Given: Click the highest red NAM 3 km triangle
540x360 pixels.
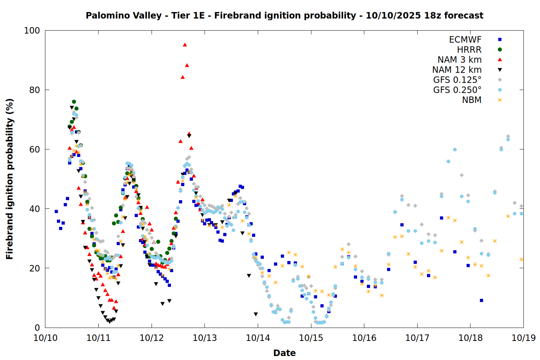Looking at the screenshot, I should tap(185, 45).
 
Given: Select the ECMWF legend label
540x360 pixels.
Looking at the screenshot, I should tap(465, 40).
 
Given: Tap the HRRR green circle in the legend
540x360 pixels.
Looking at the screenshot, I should tap(500, 50).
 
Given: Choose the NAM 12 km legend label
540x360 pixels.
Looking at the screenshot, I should tap(457, 70).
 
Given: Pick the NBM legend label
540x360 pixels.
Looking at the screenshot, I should tap(472, 100).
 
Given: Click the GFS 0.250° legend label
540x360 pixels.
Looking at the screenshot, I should tap(457, 90).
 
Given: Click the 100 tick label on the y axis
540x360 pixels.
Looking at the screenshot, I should tap(32, 31).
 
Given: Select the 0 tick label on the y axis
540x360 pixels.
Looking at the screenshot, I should tap(37, 328).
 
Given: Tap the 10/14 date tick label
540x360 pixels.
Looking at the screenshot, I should tap(258, 338).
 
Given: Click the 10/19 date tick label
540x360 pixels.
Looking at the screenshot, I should tap(523, 338).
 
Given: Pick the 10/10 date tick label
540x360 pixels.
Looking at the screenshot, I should tap(45, 338).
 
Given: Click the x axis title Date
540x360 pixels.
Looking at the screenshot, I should tap(284, 353).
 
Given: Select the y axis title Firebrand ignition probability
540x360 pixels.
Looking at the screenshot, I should tap(9, 179).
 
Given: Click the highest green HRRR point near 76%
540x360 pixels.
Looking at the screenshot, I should tap(74, 102).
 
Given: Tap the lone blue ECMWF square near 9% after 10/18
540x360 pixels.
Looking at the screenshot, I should tap(481, 300).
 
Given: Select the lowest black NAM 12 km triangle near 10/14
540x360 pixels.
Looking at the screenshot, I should tap(256, 314).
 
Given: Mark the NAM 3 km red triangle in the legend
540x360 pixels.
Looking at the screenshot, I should tap(500, 60).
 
